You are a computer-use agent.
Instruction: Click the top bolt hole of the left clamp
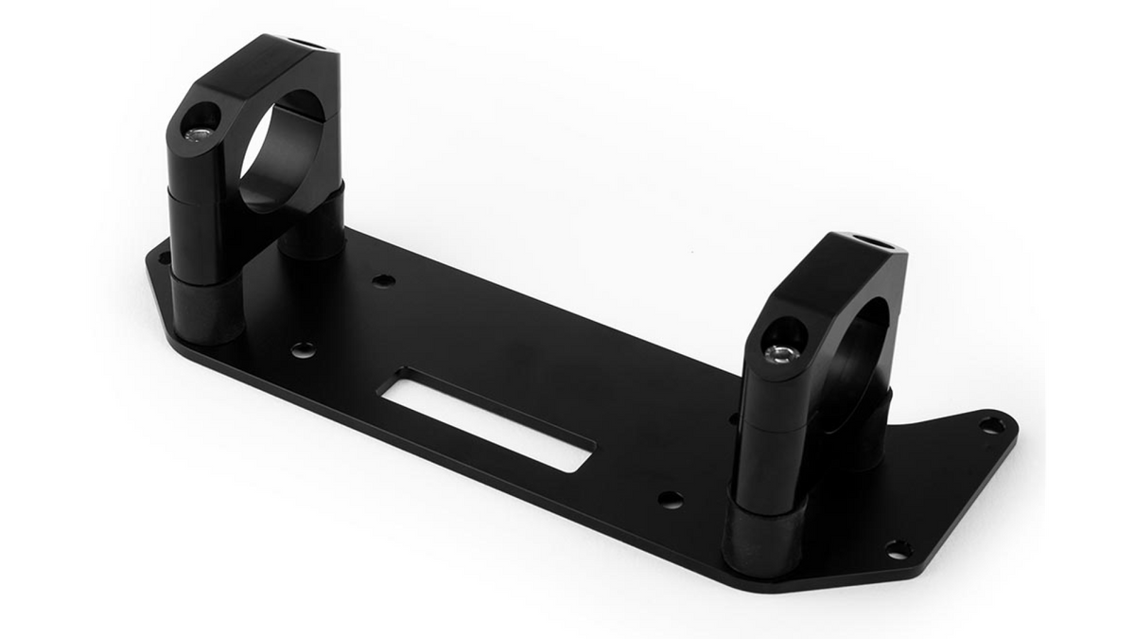301,43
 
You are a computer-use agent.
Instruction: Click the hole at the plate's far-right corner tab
990,425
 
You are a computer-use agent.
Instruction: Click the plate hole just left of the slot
303,349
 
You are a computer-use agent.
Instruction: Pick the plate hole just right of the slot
671,499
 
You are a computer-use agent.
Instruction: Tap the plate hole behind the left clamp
383,280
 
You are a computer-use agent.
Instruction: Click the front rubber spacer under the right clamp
762,538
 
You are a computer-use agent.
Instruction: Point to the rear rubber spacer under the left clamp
312,237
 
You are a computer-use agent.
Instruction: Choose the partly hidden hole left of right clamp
733,417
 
